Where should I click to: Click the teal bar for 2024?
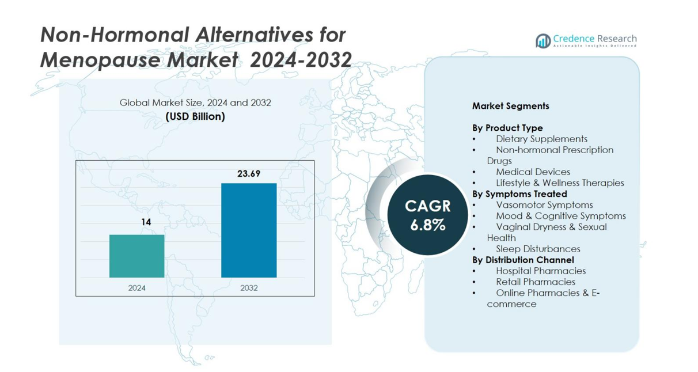(x=136, y=256)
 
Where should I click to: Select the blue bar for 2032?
(x=249, y=230)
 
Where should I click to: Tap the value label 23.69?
(x=249, y=173)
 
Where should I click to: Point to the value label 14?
(x=146, y=222)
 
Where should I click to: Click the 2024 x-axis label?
(x=136, y=288)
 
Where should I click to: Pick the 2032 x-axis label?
(x=249, y=288)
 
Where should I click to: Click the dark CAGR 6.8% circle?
(x=427, y=215)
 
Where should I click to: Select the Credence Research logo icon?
(x=543, y=41)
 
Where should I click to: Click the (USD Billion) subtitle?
(x=195, y=116)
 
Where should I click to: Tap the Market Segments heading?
(x=510, y=106)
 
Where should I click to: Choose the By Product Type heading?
(x=507, y=128)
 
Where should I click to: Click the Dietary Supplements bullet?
(x=541, y=139)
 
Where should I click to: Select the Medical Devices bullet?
(x=533, y=172)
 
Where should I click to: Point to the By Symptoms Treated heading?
(x=519, y=194)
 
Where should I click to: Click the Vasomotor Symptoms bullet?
(x=544, y=205)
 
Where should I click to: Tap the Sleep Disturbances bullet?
(x=538, y=249)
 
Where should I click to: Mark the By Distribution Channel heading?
(x=523, y=260)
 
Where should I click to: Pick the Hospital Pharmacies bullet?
(x=540, y=271)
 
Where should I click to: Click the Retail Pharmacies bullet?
(x=535, y=282)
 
